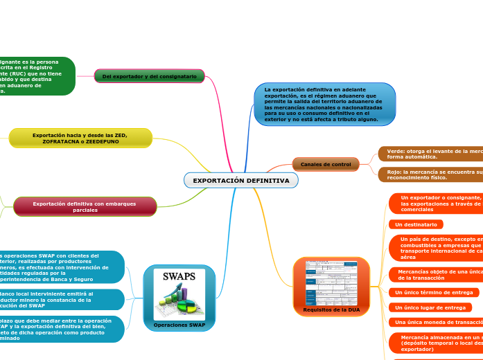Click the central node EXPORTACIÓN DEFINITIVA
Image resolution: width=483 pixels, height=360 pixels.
coord(241,181)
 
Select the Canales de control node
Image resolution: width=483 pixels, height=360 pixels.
coord(326,164)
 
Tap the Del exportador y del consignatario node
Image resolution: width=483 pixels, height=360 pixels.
coord(149,76)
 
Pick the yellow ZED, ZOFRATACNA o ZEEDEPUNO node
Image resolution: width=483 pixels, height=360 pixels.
coord(80,138)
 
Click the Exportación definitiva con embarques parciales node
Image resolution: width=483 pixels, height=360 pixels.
coord(85,206)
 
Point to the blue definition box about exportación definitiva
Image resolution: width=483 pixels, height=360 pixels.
coord(324,105)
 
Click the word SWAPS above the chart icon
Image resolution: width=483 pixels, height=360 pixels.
coord(179,277)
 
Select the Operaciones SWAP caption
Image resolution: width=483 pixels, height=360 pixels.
coord(179,325)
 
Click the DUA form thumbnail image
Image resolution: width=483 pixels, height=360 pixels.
coord(331,283)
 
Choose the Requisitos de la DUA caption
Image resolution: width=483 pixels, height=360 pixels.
coord(331,309)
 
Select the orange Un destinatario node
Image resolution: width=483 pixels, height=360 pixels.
coord(416,224)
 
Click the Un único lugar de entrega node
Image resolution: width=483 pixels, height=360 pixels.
coord(430,307)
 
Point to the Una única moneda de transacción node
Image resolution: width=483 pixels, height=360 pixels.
coord(435,323)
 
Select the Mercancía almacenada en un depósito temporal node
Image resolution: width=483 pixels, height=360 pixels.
coord(435,343)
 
